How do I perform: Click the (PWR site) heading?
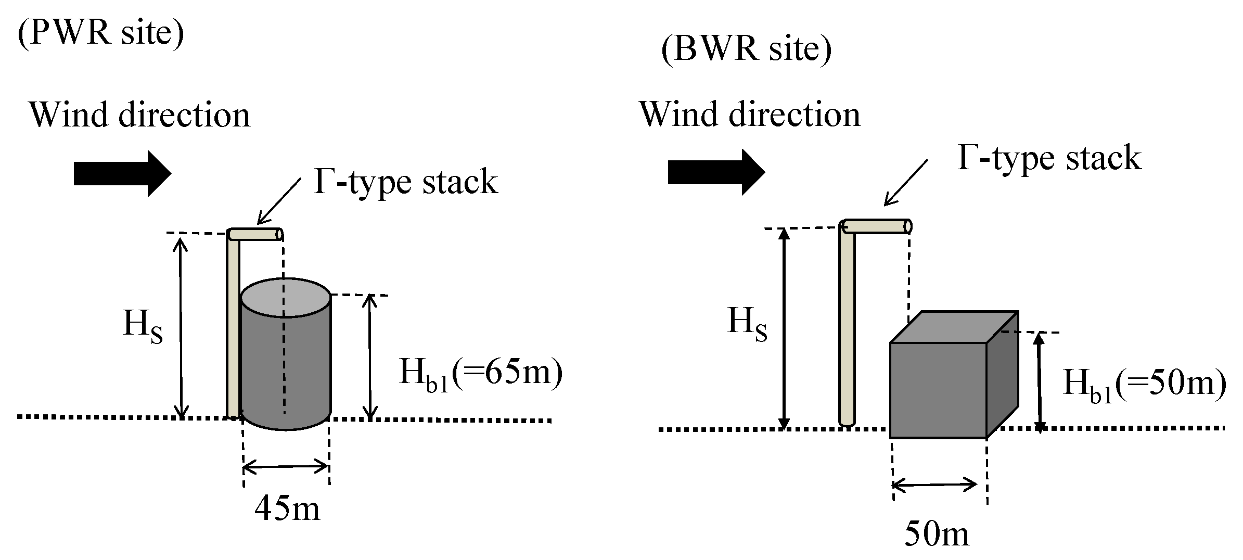coord(101,33)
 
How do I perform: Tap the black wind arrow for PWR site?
coord(122,173)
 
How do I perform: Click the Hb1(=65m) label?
coord(480,374)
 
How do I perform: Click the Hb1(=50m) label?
coord(1144,384)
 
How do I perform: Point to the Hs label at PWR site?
coord(143,326)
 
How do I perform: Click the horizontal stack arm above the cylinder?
coord(255,235)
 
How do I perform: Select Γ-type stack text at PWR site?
coord(406,182)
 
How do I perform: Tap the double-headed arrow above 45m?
coord(286,467)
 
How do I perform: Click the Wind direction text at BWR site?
coord(750,114)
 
